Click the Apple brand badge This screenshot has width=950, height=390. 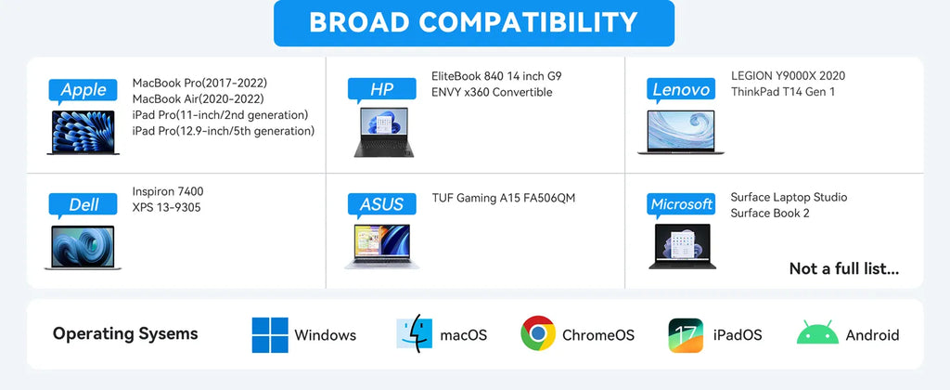click(83, 91)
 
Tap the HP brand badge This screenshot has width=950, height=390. click(381, 90)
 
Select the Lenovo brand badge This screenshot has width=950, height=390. click(681, 90)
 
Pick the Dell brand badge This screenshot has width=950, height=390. click(83, 205)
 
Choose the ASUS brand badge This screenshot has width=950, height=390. click(381, 205)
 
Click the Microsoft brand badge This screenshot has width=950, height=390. click(681, 205)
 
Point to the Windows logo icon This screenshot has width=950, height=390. click(270, 335)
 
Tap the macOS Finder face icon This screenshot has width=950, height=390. click(415, 334)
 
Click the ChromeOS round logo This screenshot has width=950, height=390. click(538, 333)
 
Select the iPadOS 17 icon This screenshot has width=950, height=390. click(686, 335)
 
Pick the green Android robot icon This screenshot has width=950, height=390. click(817, 333)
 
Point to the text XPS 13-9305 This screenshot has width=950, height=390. click(167, 207)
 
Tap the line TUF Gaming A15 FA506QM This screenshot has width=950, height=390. click(504, 198)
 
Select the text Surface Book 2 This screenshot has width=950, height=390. click(770, 214)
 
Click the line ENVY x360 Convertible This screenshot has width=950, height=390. click(492, 92)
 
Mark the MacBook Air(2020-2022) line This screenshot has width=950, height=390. click(199, 98)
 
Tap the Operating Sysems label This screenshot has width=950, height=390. click(125, 333)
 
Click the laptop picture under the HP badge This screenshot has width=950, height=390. click(384, 133)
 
